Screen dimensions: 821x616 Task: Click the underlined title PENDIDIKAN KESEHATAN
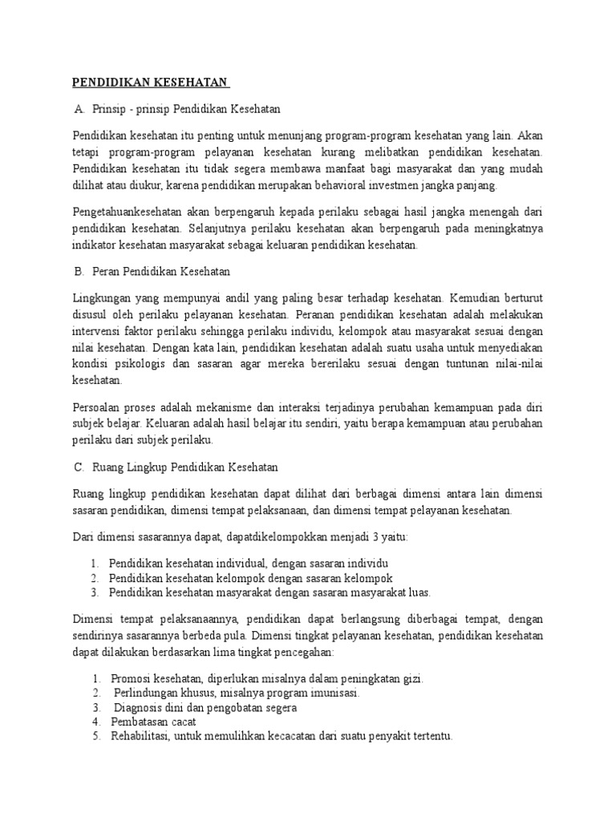(151, 83)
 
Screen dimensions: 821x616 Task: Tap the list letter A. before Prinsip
(78, 107)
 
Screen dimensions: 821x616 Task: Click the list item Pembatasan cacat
(152, 722)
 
